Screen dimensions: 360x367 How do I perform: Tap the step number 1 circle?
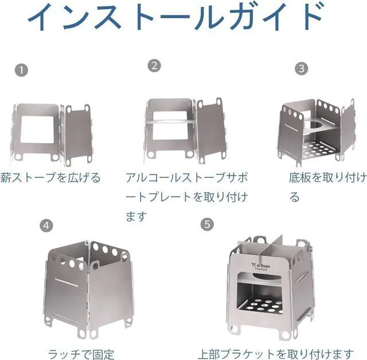[x=21, y=71]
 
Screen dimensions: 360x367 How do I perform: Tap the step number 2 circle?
[x=154, y=66]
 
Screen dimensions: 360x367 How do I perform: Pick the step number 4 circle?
[x=46, y=225]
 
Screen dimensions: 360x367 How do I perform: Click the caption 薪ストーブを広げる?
[x=50, y=178]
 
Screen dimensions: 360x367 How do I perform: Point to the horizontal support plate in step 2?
[x=169, y=121]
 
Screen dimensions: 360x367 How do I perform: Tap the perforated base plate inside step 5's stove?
[x=263, y=305]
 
